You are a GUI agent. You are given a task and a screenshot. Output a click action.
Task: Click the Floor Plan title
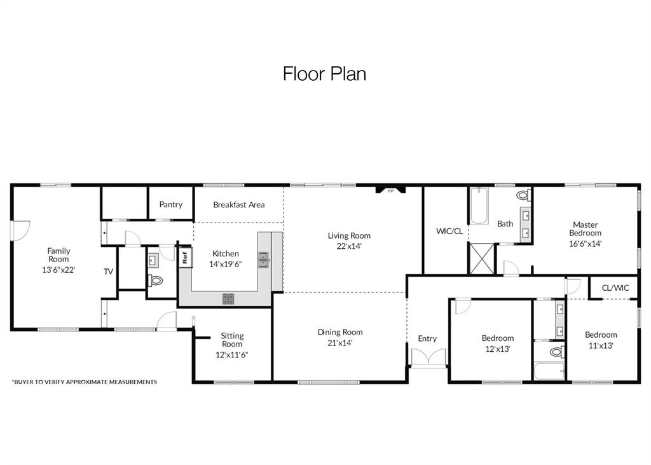pos(324,74)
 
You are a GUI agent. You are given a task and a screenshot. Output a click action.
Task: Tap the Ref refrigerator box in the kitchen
pos(185,258)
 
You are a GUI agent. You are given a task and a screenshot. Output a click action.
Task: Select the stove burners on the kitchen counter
pos(228,298)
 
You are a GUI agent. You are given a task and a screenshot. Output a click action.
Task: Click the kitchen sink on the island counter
pos(263,260)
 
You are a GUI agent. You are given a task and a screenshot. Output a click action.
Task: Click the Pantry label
pos(170,204)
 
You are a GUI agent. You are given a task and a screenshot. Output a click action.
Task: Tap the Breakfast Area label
pos(238,205)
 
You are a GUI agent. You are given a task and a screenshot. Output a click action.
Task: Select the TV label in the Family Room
pos(109,272)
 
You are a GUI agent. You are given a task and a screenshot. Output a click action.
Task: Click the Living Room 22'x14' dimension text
pos(349,246)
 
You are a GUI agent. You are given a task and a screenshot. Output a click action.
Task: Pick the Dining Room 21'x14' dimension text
pos(340,342)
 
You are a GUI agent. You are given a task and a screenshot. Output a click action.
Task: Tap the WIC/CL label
pos(449,231)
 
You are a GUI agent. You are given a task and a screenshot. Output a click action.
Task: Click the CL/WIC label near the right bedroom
pos(615,288)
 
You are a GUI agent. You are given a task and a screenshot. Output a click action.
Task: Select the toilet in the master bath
pos(523,195)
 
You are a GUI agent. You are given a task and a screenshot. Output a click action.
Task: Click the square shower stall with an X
pos(481,258)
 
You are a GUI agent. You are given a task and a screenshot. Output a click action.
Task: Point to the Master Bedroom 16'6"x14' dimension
pos(585,243)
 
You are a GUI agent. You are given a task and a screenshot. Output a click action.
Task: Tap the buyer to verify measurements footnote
pos(85,382)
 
